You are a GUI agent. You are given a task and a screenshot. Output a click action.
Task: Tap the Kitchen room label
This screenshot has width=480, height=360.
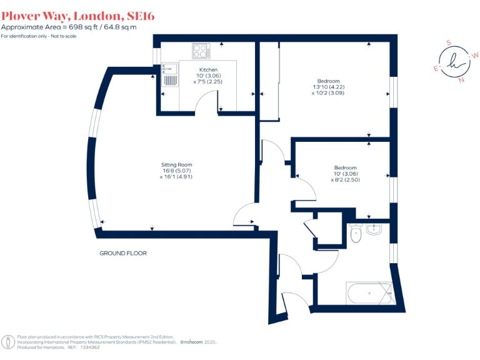208,69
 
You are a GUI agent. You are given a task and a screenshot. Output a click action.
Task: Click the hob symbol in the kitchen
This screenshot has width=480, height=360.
201,51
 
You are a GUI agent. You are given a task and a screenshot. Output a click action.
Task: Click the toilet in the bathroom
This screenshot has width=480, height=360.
356,234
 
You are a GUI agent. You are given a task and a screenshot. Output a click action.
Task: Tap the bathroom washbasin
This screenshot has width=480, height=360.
375,229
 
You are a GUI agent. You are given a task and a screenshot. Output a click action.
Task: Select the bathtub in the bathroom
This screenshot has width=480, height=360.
369,292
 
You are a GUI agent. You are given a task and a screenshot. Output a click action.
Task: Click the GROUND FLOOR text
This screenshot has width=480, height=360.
123,253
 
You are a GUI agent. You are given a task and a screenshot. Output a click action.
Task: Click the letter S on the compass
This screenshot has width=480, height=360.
448,42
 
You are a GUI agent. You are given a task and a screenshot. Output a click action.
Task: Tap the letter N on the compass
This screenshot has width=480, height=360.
461,80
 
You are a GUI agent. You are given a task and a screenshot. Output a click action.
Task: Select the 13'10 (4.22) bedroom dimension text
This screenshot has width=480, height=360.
328,87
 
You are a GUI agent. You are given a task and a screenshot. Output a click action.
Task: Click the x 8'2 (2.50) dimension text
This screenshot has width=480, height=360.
346,179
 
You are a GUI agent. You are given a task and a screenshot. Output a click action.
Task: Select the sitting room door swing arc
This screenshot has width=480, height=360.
242,215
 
